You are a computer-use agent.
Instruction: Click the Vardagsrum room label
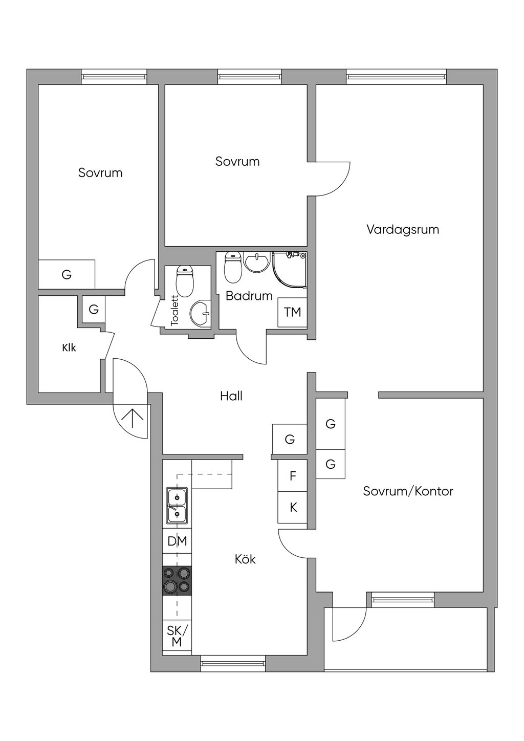[402, 229]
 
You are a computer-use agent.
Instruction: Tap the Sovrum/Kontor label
[408, 491]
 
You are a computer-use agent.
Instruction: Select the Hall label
[231, 396]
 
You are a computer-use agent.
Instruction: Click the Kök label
[245, 559]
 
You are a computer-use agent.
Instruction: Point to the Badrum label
[249, 296]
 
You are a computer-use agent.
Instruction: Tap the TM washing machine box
[292, 312]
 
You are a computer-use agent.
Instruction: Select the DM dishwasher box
[177, 541]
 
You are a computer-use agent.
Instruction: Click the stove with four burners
[177, 580]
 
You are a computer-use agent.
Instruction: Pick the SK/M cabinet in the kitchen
[177, 636]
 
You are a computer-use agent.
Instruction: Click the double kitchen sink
[177, 505]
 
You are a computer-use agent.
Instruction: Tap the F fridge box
[293, 476]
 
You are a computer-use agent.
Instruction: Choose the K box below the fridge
[293, 507]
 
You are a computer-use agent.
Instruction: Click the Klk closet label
[69, 348]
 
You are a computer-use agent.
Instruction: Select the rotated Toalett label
[174, 311]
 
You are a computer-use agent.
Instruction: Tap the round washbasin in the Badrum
[257, 262]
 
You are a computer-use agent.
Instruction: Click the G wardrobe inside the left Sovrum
[67, 275]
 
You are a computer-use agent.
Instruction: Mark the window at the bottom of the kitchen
[233, 663]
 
